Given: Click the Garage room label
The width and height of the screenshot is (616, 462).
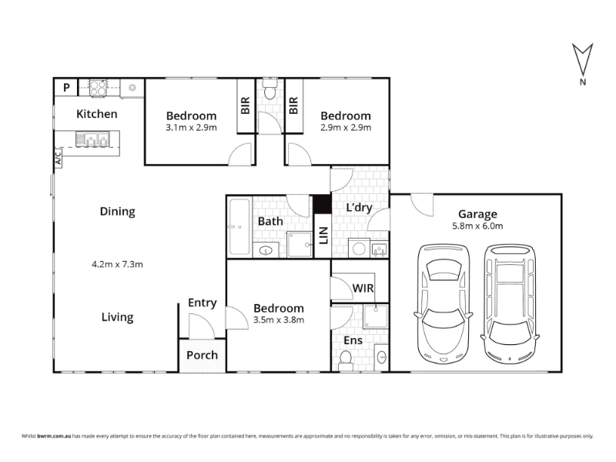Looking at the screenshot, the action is click(x=477, y=215).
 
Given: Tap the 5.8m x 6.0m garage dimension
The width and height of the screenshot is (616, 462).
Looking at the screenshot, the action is click(x=477, y=226).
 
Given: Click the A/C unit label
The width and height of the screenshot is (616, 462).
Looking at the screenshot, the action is click(x=59, y=159).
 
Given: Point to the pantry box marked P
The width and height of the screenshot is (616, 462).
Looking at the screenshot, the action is click(x=66, y=87).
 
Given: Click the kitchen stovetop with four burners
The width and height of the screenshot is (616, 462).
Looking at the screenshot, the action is click(x=98, y=88).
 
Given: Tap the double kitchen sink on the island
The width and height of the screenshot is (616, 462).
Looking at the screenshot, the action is click(x=92, y=139).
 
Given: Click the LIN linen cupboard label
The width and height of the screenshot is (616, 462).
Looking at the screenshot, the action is click(x=323, y=236).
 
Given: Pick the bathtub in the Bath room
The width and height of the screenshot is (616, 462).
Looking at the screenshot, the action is click(x=239, y=227).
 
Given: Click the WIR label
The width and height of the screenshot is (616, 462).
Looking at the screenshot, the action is click(x=363, y=288).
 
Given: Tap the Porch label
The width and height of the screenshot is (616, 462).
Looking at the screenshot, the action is click(x=202, y=355).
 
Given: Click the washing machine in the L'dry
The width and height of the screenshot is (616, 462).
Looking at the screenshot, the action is click(x=359, y=248).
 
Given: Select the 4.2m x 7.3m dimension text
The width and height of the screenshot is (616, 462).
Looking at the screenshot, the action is click(x=117, y=264).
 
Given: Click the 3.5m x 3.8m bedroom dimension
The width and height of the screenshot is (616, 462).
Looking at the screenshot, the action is click(x=279, y=320).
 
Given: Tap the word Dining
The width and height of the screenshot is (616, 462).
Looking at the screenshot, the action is click(x=118, y=212).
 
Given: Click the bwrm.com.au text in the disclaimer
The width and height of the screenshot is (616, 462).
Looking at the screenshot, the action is click(x=54, y=436).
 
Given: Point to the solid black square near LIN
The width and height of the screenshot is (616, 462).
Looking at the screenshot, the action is click(x=322, y=204).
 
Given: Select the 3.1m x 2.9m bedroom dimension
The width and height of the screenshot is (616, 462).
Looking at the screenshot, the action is click(x=191, y=128).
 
